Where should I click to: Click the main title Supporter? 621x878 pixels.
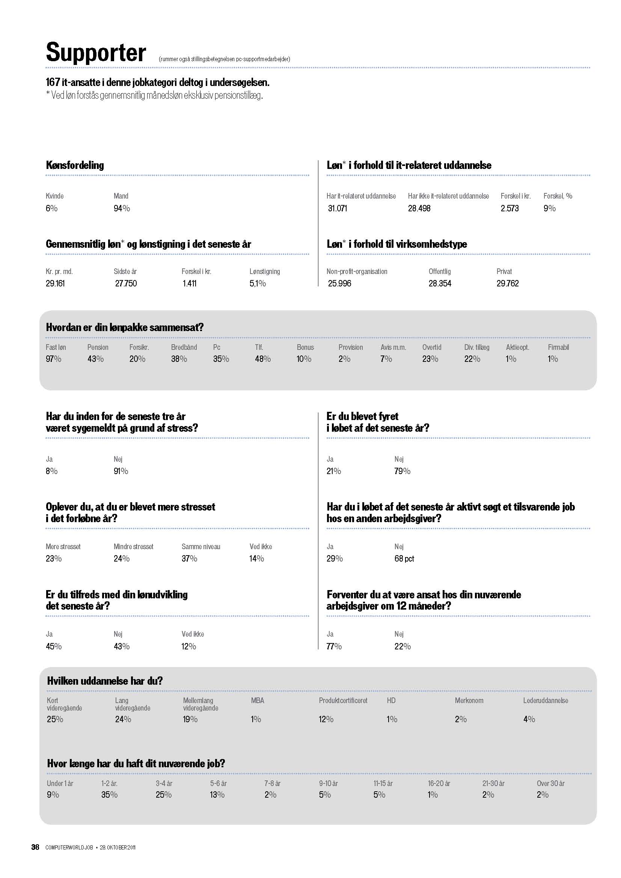pos(96,53)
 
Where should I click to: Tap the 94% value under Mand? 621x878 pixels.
pos(122,208)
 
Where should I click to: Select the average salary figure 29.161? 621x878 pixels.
pos(55,283)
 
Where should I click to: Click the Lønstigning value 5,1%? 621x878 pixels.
pos(257,283)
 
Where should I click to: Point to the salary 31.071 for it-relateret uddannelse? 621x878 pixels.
pos(337,208)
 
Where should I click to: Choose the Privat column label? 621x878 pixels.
pos(504,271)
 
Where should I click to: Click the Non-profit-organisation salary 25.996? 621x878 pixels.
pos(339,283)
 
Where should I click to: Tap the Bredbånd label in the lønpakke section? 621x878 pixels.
pos(184,347)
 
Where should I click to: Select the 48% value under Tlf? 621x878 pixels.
pos(263,359)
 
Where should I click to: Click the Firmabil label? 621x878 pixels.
pos(558,347)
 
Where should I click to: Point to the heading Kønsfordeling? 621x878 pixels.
pos(75,165)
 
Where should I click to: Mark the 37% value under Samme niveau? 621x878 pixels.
pos(189,559)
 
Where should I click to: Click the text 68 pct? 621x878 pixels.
pos(404,559)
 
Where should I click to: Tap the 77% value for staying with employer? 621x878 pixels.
pos(334,646)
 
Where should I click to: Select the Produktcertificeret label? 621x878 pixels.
pos(343,700)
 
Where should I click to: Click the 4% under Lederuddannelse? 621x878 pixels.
pos(529,719)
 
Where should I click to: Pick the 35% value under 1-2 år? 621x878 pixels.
pos(109,795)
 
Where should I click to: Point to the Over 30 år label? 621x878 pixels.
pos(551,783)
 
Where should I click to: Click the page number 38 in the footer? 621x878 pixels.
pos(35,847)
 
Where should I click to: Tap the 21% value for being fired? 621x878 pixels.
pos(333,471)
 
